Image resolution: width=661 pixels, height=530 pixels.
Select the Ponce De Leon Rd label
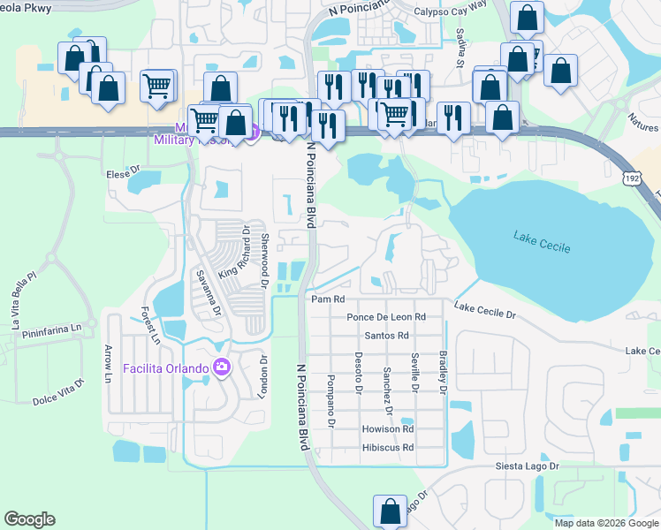tap(386, 316)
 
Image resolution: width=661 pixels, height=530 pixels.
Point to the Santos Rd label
tap(386, 336)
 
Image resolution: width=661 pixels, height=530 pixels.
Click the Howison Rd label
tap(388, 428)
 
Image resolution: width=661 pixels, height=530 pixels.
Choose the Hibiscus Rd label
tap(388, 448)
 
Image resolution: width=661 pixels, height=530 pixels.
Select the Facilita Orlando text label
tap(165, 368)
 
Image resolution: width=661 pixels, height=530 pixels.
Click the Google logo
tap(29, 519)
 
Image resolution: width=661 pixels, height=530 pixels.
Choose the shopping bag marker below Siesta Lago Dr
tap(390, 510)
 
